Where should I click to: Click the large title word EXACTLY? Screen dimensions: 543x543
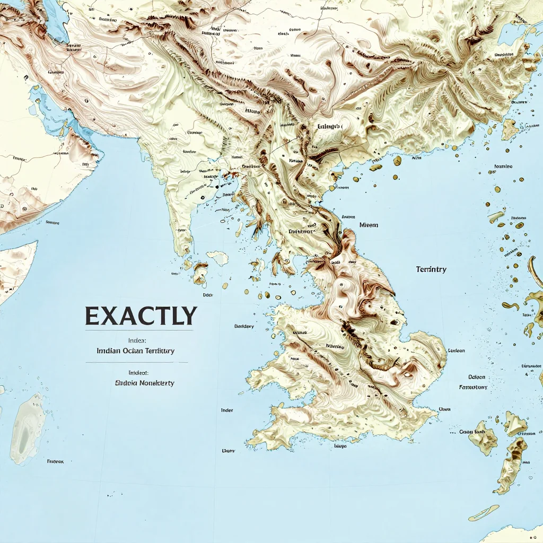coord(141,316)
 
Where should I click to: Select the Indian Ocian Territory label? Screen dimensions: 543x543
coord(136,351)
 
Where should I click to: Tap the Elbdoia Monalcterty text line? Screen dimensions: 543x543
coord(144,382)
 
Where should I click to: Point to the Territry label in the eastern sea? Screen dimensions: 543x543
coord(431,269)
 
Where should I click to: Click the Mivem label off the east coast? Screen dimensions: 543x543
coord(369,225)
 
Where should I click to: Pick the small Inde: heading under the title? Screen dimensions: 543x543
coord(137,340)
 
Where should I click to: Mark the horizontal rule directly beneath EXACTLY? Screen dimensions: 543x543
coord(137,330)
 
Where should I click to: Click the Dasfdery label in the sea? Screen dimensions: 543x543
coord(244,326)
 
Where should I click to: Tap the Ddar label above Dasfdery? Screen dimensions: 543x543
coord(208,294)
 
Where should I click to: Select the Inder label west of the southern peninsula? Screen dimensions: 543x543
coord(227,410)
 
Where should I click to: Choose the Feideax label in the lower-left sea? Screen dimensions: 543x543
coord(55,461)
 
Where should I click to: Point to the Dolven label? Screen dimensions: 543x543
coord(477,377)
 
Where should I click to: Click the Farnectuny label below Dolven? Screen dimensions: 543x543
coord(472,387)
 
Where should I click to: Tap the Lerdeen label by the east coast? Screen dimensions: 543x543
coord(456,351)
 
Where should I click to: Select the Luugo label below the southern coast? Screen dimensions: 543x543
coord(340,446)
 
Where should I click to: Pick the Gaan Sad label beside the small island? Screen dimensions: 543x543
coord(472,432)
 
